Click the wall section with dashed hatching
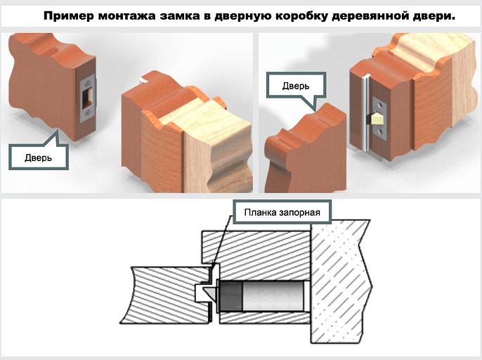(x=341, y=281)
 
